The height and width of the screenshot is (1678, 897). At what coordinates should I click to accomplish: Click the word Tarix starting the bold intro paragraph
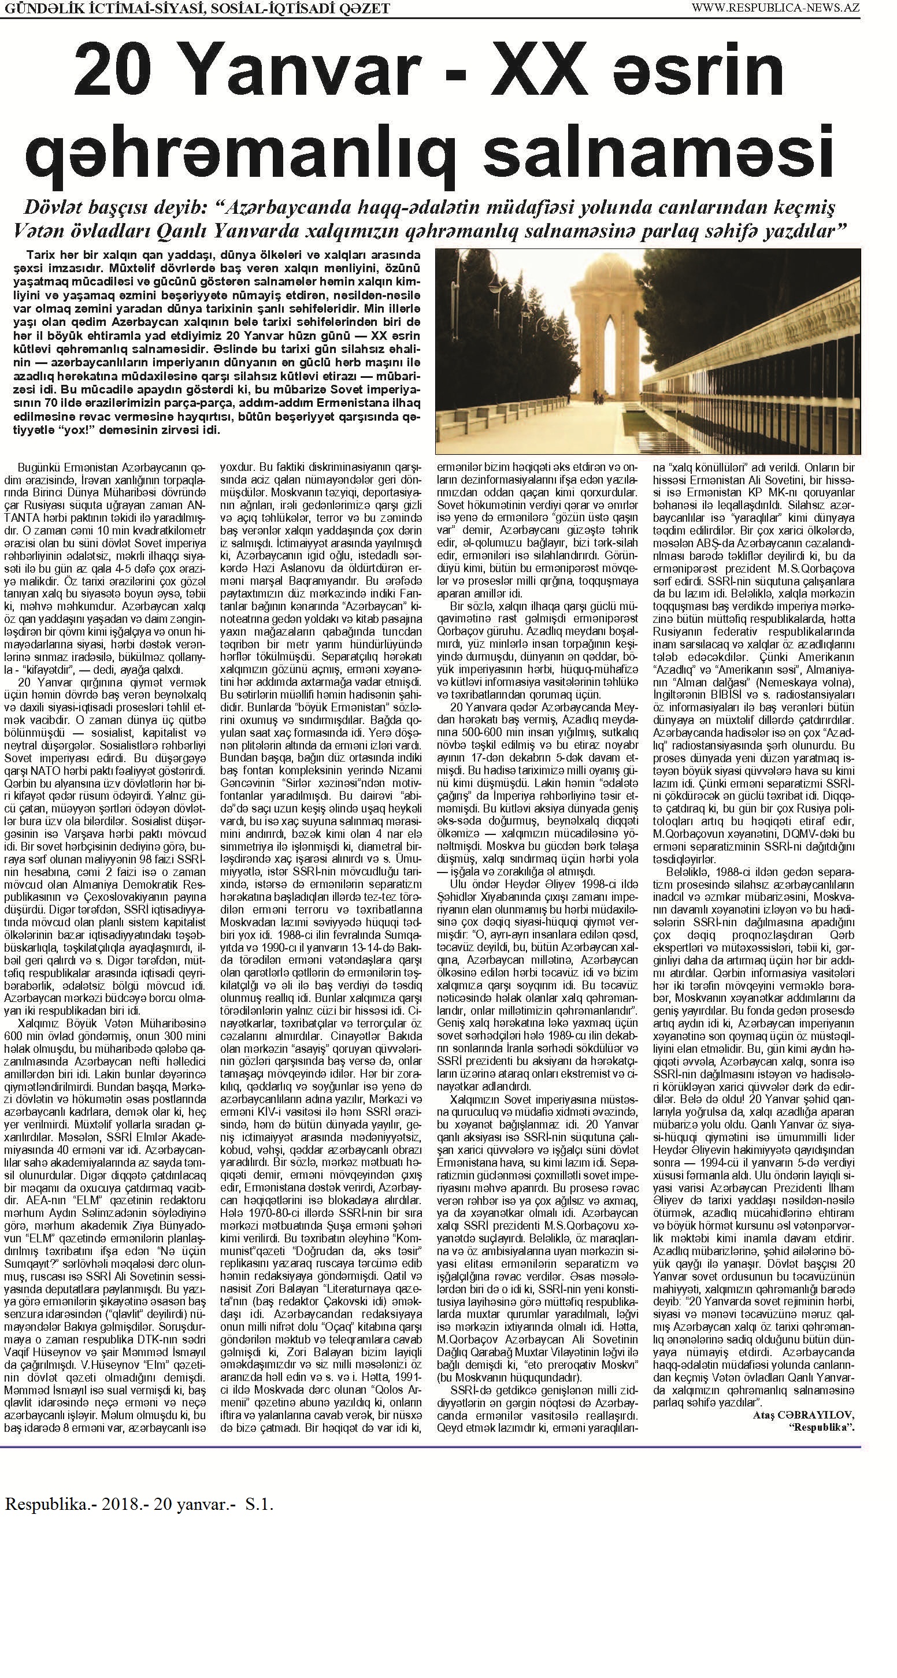40,255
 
